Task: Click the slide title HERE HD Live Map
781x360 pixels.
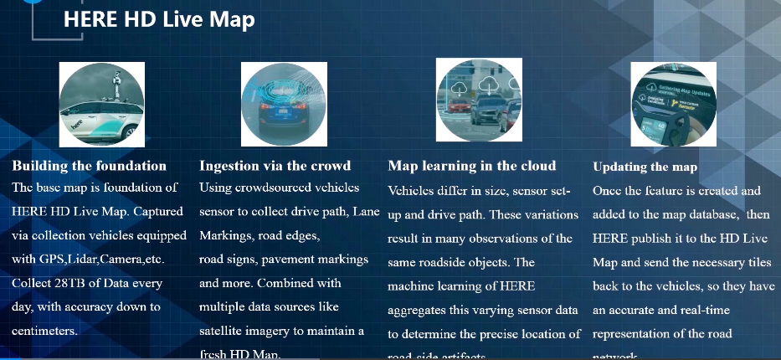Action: (x=159, y=19)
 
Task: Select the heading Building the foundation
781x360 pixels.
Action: (x=89, y=166)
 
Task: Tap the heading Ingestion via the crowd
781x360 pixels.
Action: (x=275, y=166)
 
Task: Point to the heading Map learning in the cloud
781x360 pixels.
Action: (x=472, y=166)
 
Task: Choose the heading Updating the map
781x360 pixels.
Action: (x=645, y=167)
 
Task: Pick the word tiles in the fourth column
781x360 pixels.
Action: (x=754, y=263)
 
